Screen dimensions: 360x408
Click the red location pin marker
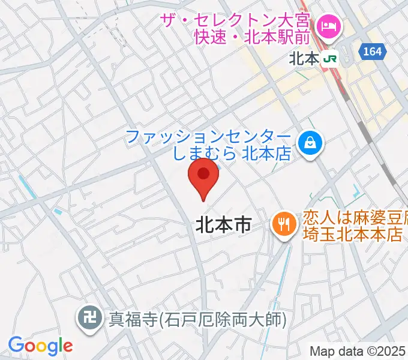click(203, 176)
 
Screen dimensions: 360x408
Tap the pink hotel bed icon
click(329, 26)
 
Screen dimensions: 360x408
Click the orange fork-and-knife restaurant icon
click(282, 224)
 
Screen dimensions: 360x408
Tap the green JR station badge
click(329, 59)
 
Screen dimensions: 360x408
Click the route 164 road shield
click(372, 52)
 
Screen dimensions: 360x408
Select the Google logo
click(40, 346)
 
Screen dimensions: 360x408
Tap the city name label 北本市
click(223, 225)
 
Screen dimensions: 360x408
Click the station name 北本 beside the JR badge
click(304, 59)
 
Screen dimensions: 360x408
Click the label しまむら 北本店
click(232, 154)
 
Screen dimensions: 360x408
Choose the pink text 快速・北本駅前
click(253, 37)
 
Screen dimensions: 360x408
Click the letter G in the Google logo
click(17, 345)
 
